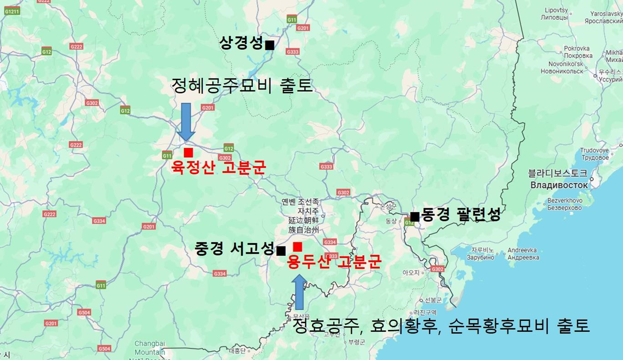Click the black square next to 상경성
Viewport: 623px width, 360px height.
[270, 45]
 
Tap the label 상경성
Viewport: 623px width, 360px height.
[241, 43]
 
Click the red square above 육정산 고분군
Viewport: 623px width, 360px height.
[188, 153]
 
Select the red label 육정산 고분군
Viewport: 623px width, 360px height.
[218, 167]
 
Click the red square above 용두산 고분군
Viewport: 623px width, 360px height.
[297, 247]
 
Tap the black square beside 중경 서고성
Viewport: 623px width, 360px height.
[281, 251]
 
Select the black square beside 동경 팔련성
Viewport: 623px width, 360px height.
[414, 216]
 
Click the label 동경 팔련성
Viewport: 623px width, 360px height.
[460, 214]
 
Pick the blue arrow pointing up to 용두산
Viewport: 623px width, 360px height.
[300, 292]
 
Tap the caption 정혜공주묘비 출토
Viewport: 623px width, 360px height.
[242, 85]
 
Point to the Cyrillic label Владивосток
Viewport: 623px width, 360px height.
[559, 185]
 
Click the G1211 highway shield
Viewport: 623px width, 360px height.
[12, 11]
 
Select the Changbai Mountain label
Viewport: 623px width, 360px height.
[150, 348]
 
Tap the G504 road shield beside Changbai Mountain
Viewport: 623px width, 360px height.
[104, 349]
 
